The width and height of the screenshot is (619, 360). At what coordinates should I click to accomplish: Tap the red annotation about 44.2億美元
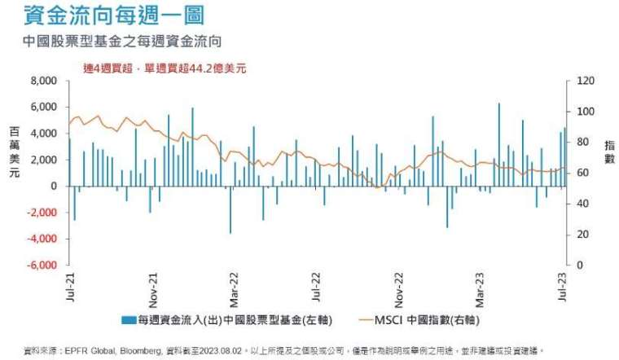[x=165, y=68]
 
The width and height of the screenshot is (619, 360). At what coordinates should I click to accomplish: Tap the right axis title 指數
[x=610, y=151]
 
